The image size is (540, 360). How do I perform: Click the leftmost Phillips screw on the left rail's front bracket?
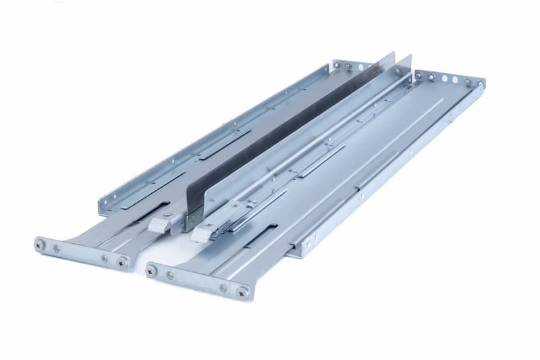pyautogui.click(x=40, y=245)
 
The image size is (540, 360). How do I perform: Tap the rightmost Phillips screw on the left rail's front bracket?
pyautogui.click(x=122, y=262)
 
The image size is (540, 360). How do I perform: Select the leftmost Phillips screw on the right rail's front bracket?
pyautogui.click(x=151, y=270)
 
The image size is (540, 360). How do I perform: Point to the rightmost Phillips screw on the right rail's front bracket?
pyautogui.click(x=242, y=292)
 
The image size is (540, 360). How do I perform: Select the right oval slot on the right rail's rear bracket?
pyautogui.click(x=456, y=81)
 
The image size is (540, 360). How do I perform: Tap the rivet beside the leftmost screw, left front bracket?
pyautogui.click(x=57, y=249)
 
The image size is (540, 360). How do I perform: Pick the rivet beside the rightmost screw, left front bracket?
pyautogui.click(x=105, y=258)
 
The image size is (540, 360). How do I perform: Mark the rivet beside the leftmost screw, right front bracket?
pyautogui.click(x=169, y=274)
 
